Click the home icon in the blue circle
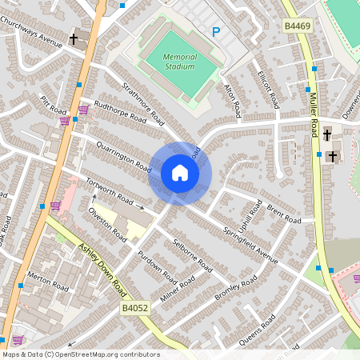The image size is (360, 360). [180, 172]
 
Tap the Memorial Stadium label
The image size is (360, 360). [179, 62]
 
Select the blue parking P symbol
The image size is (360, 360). [215, 31]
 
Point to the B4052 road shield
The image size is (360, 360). [135, 307]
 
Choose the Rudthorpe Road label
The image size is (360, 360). [120, 111]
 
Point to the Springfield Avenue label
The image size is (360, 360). [250, 244]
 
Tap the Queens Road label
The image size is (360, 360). [258, 330]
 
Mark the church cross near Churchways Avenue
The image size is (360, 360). [74, 38]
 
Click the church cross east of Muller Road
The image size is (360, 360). [330, 155]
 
